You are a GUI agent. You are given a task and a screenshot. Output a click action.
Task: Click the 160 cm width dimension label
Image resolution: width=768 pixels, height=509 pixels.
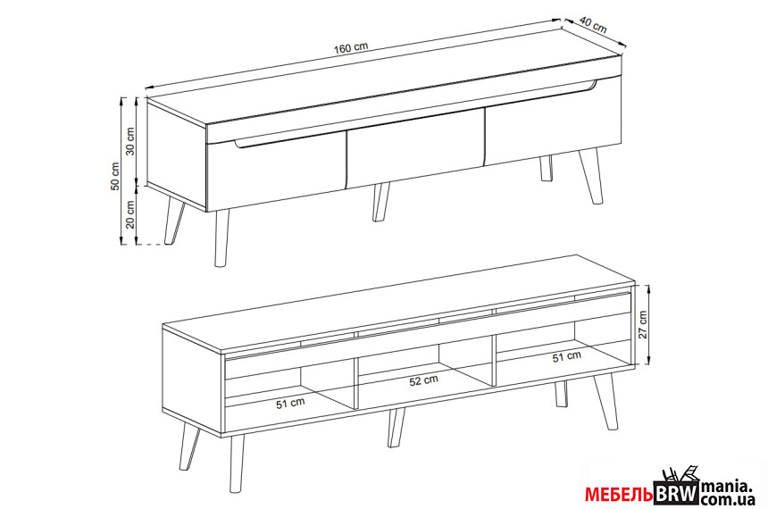tap(351, 48)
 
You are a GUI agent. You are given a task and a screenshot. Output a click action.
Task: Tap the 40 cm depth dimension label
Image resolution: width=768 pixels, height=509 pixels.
tap(593, 24)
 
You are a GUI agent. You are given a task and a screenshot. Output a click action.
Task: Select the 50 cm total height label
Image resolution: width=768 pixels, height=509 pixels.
tap(115, 176)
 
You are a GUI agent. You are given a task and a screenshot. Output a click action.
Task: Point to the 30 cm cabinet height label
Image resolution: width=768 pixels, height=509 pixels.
tap(130, 141)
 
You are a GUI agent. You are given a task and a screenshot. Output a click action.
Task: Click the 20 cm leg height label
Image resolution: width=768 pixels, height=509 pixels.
tap(130, 214)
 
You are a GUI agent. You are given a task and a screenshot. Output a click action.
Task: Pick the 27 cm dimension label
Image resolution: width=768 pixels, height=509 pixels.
tap(643, 324)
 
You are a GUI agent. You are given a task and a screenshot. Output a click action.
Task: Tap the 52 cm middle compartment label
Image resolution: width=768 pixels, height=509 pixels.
tap(423, 380)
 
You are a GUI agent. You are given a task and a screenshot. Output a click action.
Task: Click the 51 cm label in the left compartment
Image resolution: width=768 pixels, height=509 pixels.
tap(290, 404)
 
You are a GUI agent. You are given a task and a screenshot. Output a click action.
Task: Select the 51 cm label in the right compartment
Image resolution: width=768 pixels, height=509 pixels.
tap(567, 356)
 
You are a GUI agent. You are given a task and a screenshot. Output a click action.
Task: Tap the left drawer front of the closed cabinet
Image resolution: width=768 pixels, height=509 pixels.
tap(277, 171)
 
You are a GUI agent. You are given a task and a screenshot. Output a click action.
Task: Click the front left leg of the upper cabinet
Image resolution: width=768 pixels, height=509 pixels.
tap(221, 238)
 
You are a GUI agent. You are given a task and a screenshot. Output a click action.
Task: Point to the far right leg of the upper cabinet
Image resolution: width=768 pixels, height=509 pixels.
tap(590, 176)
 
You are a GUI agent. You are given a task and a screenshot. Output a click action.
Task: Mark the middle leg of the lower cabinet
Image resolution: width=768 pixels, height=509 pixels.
tap(397, 428)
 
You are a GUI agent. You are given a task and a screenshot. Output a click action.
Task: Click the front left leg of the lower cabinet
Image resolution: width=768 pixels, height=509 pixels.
tap(237, 463)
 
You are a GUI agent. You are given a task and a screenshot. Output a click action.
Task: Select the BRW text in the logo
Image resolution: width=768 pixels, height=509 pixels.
tap(677, 493)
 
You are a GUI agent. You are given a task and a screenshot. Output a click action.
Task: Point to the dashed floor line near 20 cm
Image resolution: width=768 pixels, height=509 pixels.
tap(151, 244)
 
